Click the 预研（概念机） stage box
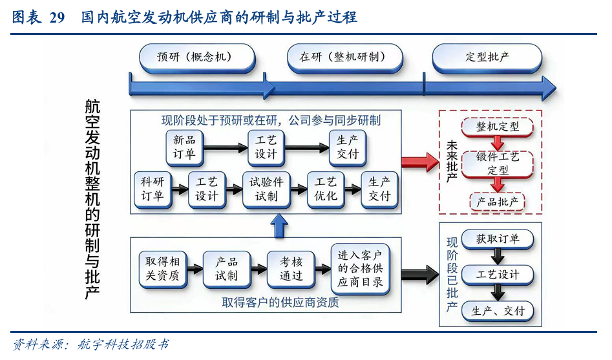point(194,58)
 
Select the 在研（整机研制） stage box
point(343,58)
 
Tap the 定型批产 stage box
point(487,58)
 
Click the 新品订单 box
point(184,147)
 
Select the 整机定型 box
point(497,127)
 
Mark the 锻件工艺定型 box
point(497,164)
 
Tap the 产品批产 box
point(497,202)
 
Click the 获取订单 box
point(497,238)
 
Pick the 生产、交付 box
point(497,311)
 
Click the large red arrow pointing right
point(419,162)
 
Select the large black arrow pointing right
point(419,274)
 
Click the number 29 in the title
point(57,17)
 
